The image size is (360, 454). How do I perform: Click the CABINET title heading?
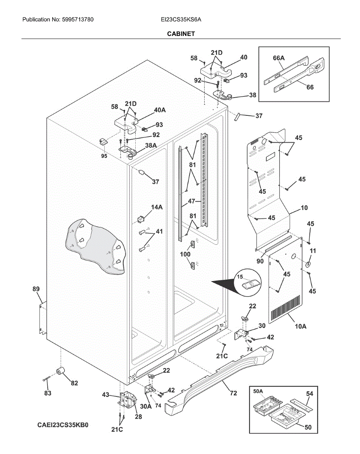(181, 34)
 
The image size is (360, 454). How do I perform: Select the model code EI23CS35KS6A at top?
(180, 19)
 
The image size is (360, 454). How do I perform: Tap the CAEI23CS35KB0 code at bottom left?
(63, 424)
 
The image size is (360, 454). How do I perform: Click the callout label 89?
(36, 289)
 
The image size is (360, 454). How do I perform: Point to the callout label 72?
(233, 393)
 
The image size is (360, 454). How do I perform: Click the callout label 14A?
(157, 207)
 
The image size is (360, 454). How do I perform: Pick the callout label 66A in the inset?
(279, 58)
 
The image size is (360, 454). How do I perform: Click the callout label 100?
(185, 254)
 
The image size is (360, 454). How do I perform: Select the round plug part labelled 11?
(308, 264)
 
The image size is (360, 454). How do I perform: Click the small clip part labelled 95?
(103, 142)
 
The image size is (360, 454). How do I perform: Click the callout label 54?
(309, 394)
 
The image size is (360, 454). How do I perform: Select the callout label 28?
(138, 417)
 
